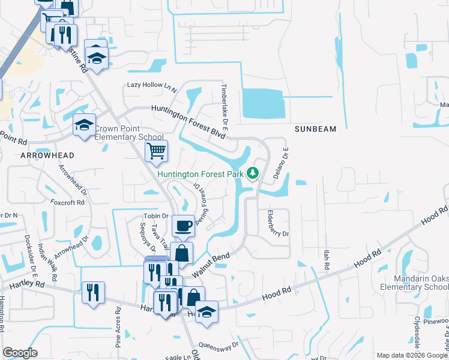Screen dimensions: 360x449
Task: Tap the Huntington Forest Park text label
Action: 200,175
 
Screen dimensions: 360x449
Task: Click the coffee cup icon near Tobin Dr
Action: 184,226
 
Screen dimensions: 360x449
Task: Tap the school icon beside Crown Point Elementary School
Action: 84,125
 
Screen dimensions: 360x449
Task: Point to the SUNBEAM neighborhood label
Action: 316,129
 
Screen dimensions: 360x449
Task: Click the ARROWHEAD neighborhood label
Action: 47,155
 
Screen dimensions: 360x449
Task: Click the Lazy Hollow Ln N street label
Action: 152,86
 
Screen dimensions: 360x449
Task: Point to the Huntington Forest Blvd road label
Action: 188,122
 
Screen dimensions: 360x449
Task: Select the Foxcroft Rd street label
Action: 67,203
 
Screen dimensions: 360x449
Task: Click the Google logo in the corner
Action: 20,353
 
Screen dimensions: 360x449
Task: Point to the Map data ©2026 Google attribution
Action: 412,355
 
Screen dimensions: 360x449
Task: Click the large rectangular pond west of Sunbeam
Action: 262,103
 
